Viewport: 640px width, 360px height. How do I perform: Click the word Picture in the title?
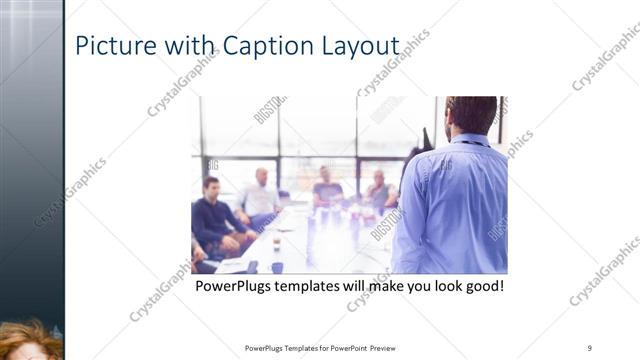pyautogui.click(x=112, y=47)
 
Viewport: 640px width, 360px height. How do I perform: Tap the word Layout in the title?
pyautogui.click(x=361, y=47)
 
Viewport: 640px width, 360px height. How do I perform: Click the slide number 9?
pyautogui.click(x=590, y=348)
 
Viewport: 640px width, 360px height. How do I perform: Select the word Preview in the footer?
pyautogui.click(x=390, y=348)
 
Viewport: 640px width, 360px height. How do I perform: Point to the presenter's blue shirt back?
pyautogui.click(x=455, y=205)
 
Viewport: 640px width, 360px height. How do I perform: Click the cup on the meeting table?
pyautogui.click(x=276, y=243)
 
